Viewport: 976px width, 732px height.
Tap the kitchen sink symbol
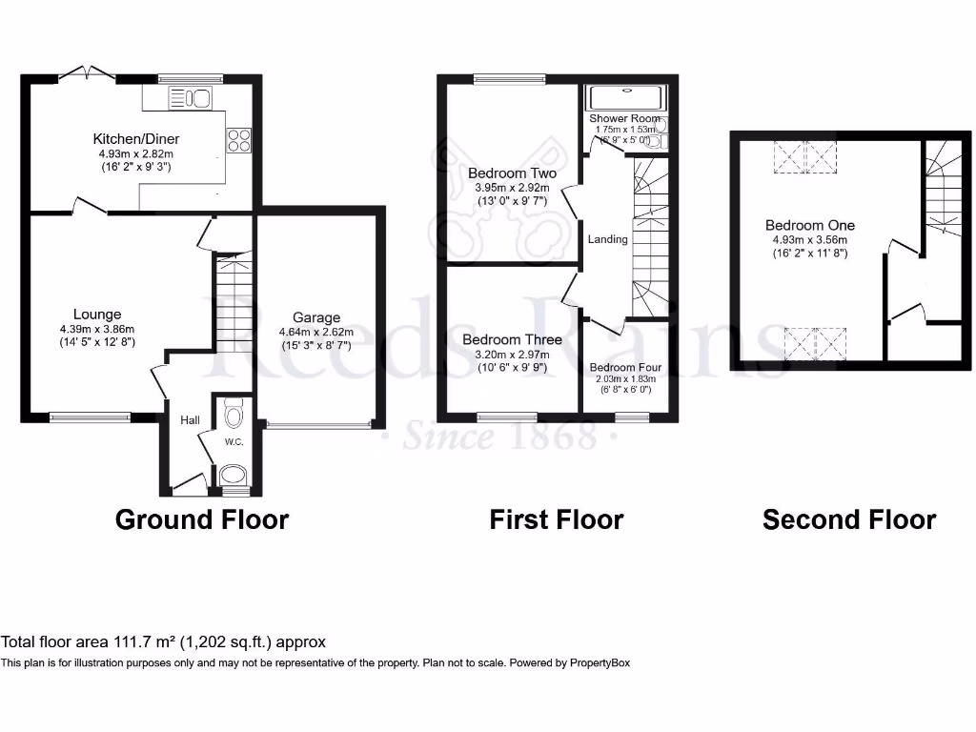coord(189,97)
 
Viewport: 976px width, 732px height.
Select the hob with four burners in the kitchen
coord(237,140)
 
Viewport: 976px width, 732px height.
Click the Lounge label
coord(97,314)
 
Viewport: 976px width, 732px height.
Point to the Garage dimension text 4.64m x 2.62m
coord(315,332)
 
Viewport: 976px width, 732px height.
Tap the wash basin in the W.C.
coord(233,475)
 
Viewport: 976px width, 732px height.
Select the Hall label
coord(190,418)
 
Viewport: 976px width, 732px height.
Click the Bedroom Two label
coord(512,173)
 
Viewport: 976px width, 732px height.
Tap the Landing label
coord(607,239)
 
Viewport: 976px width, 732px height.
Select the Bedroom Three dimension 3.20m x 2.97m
coord(512,355)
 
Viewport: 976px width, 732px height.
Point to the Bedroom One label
coord(810,225)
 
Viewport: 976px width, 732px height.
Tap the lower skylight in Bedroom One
coord(815,342)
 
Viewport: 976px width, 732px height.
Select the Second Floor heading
coord(848,519)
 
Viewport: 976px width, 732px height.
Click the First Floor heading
coord(556,519)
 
